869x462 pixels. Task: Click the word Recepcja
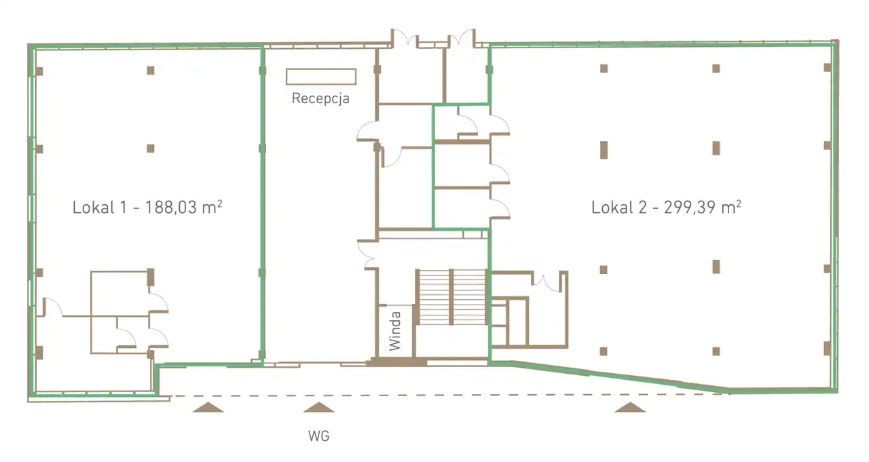[320, 98]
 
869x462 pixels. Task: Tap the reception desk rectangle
[321, 77]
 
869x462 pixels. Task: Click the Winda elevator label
[394, 331]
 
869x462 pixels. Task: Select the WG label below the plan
[319, 436]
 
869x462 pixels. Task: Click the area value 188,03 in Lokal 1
[171, 208]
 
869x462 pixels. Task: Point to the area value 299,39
[690, 208]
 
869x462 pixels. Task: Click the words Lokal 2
[618, 208]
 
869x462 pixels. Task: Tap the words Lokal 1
[99, 208]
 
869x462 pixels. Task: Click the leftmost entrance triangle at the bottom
[208, 407]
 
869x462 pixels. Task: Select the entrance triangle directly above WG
[319, 407]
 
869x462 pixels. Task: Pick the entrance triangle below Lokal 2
[631, 407]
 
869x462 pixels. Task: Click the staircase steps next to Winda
[452, 297]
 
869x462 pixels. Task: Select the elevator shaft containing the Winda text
[395, 331]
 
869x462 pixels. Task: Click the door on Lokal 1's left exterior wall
[52, 307]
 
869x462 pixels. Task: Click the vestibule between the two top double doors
[433, 42]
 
